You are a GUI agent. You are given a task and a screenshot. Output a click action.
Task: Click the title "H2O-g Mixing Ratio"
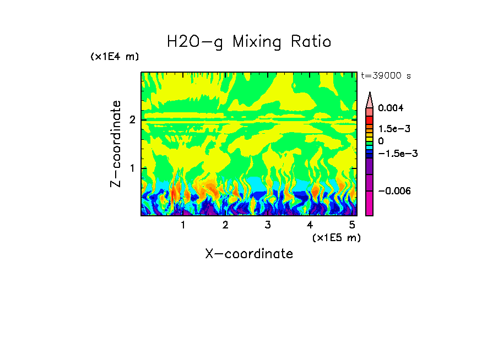point(249,42)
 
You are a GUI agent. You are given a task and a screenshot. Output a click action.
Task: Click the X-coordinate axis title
point(249,254)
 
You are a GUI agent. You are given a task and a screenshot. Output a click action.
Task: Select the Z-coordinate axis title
point(116,144)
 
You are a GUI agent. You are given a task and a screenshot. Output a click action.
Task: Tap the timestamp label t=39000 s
point(386,76)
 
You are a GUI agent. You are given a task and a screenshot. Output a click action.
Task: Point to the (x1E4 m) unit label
point(115,57)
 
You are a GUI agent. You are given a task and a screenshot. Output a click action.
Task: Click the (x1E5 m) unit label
point(336,237)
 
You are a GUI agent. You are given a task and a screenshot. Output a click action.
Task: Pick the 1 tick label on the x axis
point(182,225)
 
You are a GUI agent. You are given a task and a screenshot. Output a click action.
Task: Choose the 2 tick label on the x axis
point(225,225)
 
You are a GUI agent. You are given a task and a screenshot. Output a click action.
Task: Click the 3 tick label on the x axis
point(267,225)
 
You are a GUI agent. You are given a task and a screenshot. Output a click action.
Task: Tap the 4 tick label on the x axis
point(310,225)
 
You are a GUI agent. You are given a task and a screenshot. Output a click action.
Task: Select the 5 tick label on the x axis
point(352,225)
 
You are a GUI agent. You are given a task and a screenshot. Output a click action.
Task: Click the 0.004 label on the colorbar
point(391,108)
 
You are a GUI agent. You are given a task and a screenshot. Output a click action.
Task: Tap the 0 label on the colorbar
point(381,141)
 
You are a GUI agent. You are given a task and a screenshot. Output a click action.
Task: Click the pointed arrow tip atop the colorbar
point(370,95)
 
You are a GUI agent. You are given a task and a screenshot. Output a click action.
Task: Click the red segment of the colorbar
point(370,119)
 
